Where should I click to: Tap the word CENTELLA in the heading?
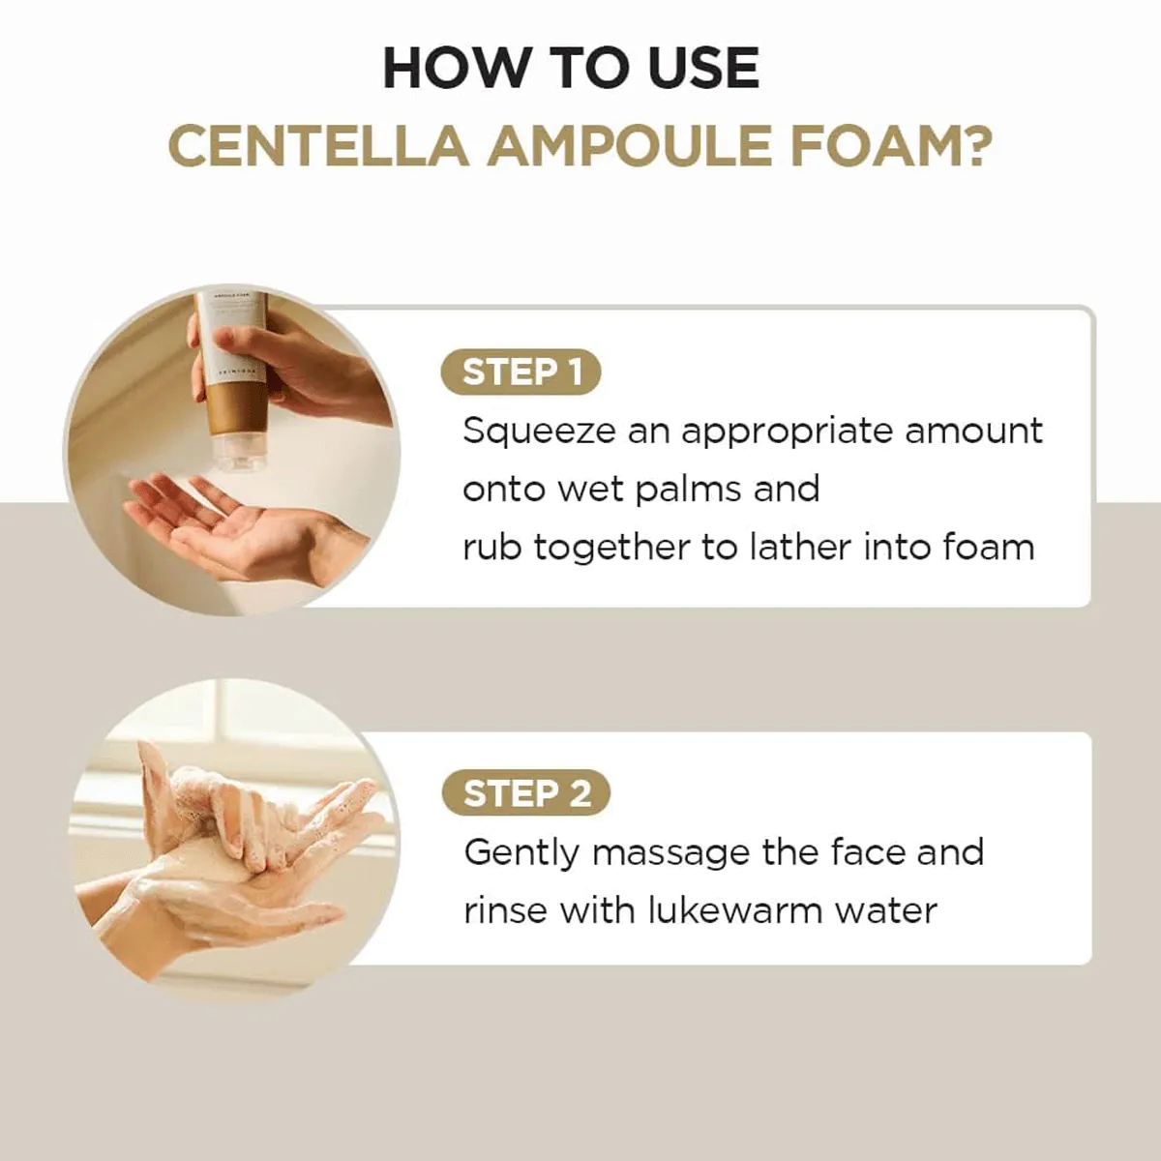coord(318,146)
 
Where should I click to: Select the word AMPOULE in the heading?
coord(630,146)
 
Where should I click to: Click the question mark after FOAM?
coord(975,145)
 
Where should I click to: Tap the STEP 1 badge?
coord(521,372)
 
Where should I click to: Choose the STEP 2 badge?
coord(525,793)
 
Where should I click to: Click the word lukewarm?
coord(735,911)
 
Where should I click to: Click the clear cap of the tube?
coord(240,453)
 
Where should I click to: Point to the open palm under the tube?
coord(241,527)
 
